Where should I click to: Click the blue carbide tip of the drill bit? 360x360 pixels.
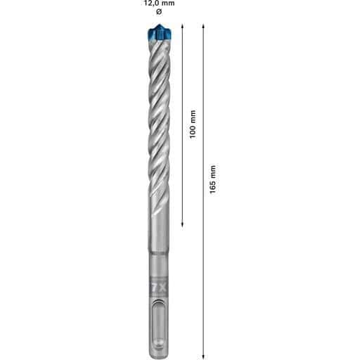click(x=159, y=32)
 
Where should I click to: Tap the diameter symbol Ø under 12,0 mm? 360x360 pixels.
click(x=159, y=12)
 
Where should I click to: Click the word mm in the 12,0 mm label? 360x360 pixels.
click(x=169, y=4)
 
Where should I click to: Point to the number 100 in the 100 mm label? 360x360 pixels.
click(x=193, y=131)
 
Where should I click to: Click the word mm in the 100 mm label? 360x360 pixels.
click(x=193, y=117)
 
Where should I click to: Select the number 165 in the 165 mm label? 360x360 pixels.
click(x=212, y=186)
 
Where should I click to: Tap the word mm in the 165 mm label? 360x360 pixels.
click(x=213, y=172)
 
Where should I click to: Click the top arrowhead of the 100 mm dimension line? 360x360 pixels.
click(x=183, y=25)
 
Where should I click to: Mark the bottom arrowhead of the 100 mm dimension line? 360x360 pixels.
click(x=183, y=224)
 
